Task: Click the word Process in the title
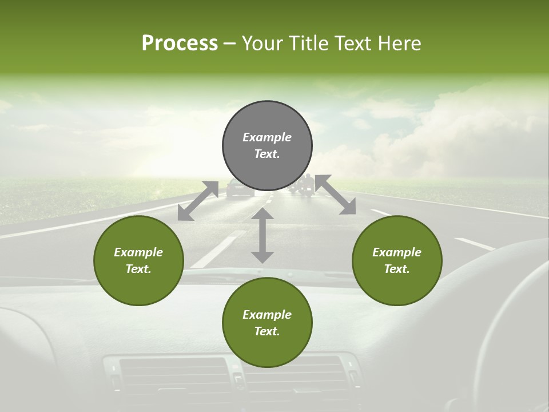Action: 180,43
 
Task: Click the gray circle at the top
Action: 267,146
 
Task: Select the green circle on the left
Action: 138,260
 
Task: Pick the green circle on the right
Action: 397,260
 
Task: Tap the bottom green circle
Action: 267,323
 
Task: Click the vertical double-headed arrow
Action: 262,235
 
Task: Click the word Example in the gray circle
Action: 267,137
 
